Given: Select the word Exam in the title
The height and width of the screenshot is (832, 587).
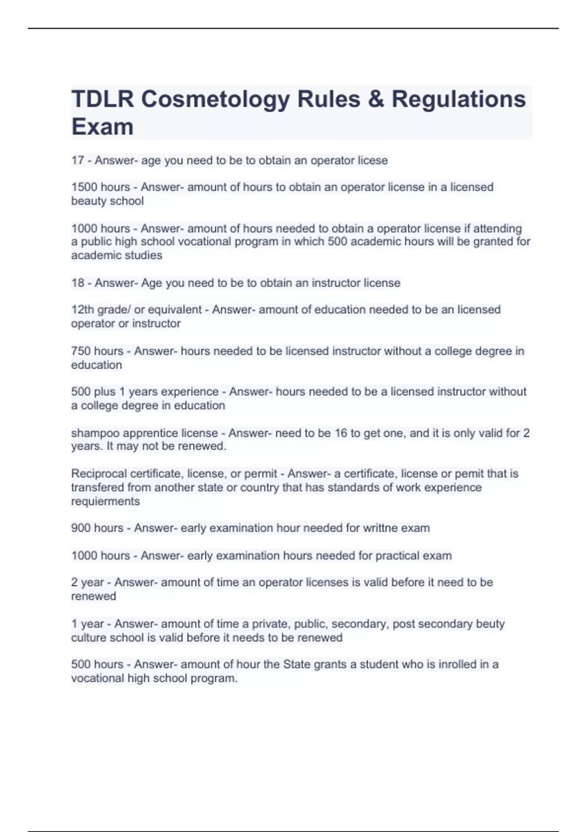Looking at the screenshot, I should point(102,127).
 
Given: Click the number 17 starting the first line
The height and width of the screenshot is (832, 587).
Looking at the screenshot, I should point(78,161).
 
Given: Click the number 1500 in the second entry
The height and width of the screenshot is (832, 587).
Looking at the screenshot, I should point(84,187).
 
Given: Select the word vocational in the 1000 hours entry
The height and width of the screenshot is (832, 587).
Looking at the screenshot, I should point(203,242).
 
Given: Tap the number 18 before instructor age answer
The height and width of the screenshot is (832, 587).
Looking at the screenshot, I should point(78,283).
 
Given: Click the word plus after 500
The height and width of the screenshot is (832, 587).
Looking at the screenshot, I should point(105,392).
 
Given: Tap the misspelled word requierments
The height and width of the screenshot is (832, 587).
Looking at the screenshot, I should point(105,502).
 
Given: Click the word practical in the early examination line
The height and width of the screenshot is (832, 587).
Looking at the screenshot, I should point(398,556).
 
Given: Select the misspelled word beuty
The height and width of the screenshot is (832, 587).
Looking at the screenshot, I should point(491,624).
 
